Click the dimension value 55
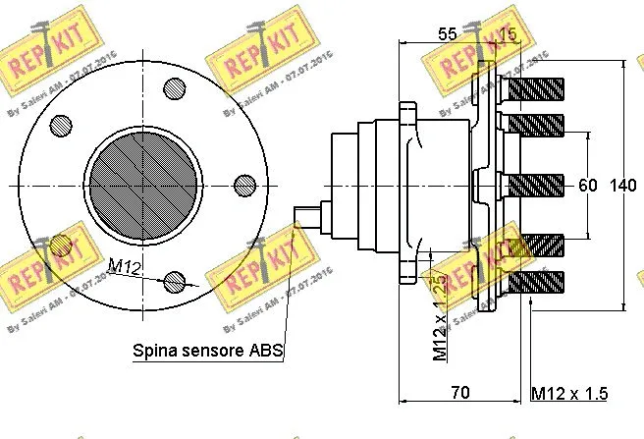pos(447,33)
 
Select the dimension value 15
pos(507,33)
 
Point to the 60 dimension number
pos(588,186)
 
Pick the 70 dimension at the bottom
pos(459,393)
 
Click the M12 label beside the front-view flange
pos(124,266)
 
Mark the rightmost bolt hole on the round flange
pos(243,184)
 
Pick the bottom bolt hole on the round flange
pos(175,281)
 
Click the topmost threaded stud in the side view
pos(532,89)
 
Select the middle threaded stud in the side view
pos(532,184)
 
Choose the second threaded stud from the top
pos(532,124)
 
